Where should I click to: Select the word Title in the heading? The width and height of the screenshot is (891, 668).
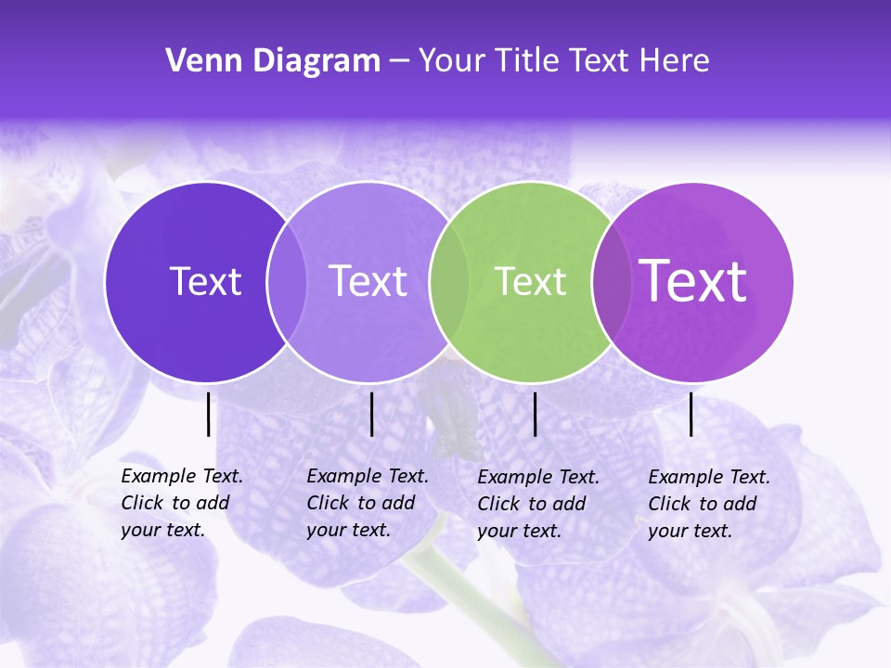pos(525,61)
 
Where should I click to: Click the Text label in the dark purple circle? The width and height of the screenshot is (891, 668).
pos(205,281)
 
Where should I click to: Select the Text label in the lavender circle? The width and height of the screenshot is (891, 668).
pos(368,281)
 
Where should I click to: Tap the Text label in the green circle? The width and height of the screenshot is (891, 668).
pos(530,281)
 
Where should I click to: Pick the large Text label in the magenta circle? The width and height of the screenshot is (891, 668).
pos(693,281)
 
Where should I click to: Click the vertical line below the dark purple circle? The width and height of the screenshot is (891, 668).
pos(208,414)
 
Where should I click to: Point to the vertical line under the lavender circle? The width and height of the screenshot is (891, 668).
pos(371,414)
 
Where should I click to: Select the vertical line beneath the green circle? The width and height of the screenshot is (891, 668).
pos(535,414)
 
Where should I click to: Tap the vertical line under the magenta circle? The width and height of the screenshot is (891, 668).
pos(691,414)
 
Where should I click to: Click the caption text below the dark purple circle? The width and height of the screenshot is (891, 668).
pos(181,503)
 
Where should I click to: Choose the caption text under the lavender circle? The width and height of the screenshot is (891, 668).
pos(367,503)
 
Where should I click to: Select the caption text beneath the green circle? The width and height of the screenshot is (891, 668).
pos(537,504)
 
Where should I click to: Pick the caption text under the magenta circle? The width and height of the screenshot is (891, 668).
pos(708,504)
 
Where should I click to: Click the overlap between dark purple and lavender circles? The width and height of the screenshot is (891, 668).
pos(287,281)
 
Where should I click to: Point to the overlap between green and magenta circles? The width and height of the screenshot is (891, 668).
pos(611,281)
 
